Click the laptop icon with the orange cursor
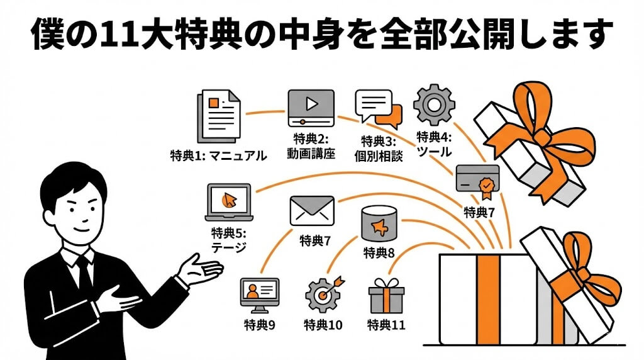click(229, 202)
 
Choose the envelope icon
click(311, 211)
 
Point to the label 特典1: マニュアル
click(218, 155)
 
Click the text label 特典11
click(386, 325)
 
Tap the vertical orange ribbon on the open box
click(488, 298)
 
